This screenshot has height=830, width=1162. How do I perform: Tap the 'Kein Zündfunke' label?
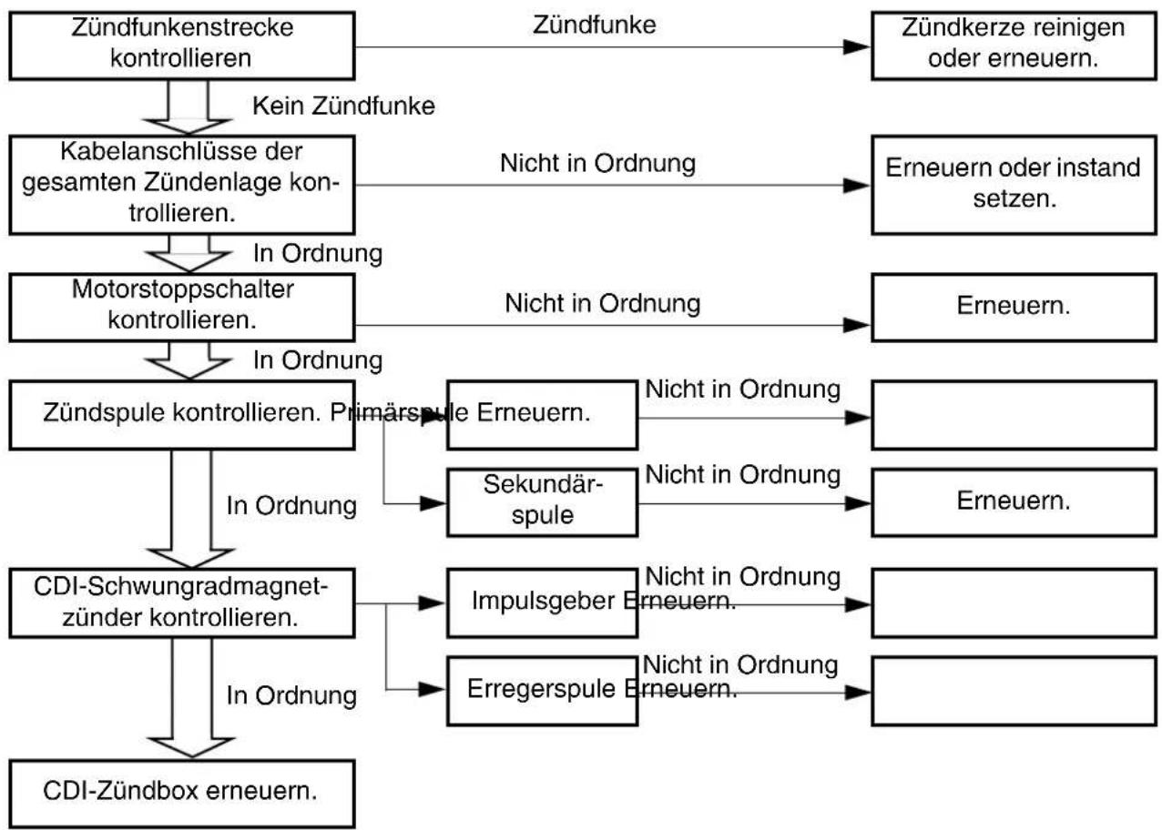(343, 106)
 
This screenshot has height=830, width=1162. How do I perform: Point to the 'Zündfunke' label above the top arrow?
(594, 25)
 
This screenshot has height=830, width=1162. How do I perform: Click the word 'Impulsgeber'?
(543, 602)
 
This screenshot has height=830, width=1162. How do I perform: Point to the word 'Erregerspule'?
(542, 689)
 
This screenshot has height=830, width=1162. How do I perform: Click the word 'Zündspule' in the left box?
(104, 413)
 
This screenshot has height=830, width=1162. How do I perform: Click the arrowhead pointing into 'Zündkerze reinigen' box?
(857, 47)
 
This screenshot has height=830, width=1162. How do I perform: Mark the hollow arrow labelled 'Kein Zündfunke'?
(188, 107)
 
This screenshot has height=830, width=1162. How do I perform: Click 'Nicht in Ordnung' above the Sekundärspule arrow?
(742, 474)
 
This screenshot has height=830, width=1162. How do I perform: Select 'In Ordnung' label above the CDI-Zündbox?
(291, 695)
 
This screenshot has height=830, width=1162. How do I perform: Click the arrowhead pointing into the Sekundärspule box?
(433, 503)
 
